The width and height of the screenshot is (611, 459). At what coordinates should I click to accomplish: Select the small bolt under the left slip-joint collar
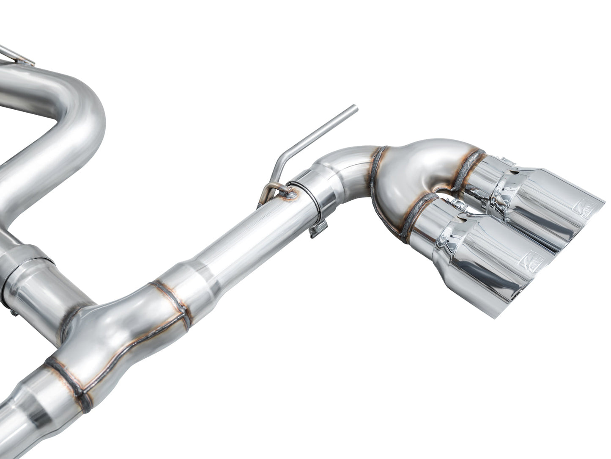point(14,312)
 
